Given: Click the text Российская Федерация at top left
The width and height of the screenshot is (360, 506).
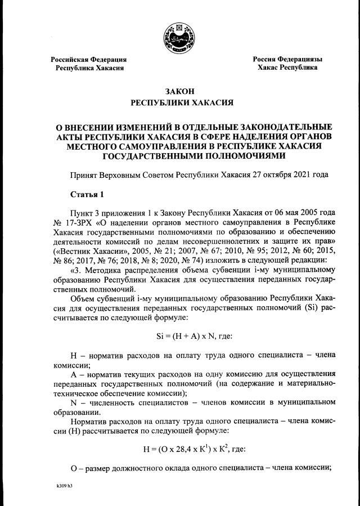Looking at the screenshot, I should click(x=89, y=59).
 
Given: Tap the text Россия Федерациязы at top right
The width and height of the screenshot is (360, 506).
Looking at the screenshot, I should click(x=287, y=59).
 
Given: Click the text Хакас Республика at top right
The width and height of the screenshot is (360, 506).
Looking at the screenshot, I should click(x=287, y=68).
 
